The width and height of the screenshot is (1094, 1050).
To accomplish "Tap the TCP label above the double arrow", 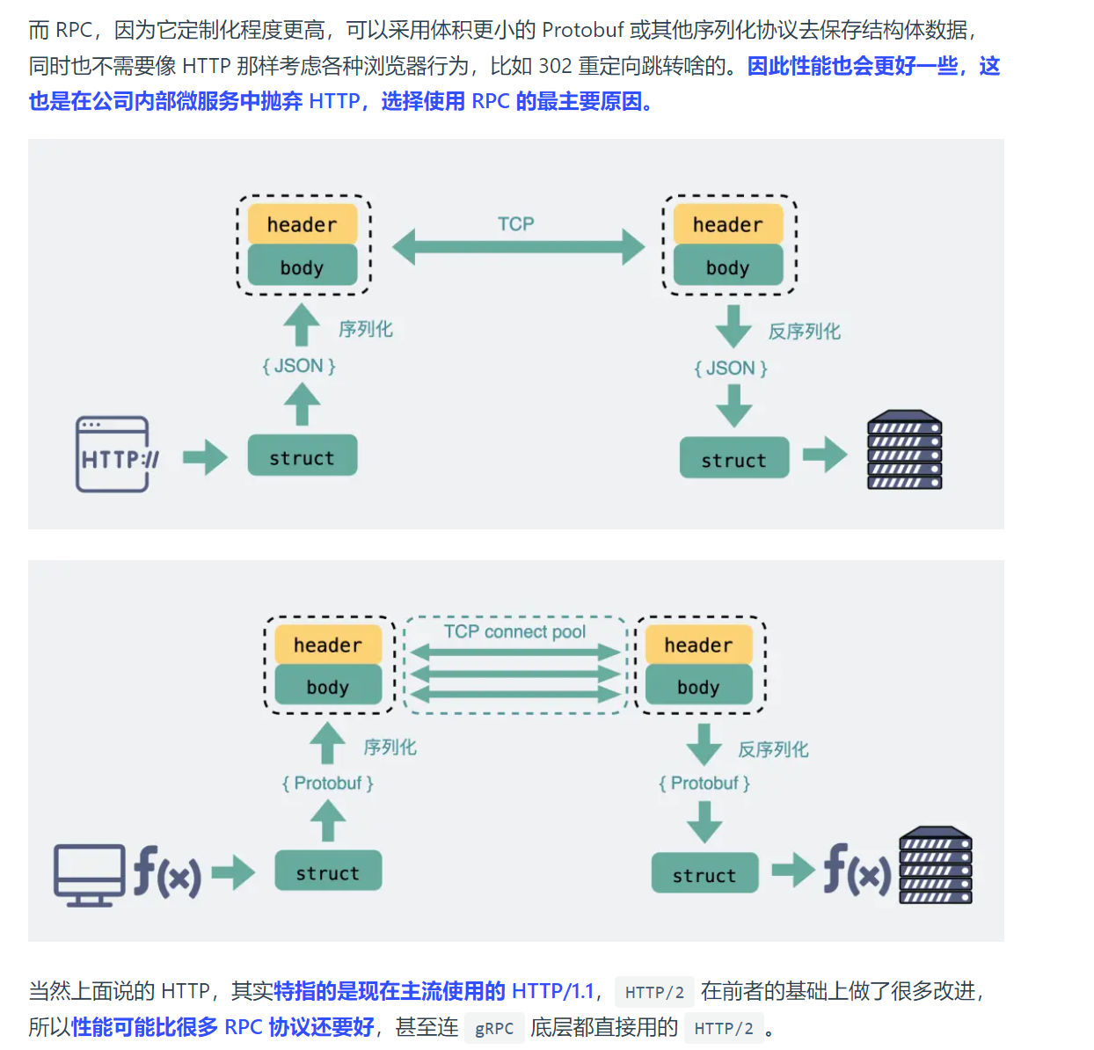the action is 515,223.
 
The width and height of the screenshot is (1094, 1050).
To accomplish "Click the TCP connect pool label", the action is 514,631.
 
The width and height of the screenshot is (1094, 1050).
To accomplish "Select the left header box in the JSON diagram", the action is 302,223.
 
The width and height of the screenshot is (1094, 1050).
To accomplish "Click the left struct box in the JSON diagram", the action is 302,455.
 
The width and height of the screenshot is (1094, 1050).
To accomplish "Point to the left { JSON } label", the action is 298,366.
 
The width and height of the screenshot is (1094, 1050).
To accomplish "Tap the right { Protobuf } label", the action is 704,783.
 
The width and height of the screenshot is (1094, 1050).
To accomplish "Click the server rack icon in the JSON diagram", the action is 904,449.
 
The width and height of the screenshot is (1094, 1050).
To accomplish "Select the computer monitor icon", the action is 90,875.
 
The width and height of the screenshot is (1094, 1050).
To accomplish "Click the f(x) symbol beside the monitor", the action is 167,871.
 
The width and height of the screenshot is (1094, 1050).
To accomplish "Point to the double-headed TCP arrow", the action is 518,247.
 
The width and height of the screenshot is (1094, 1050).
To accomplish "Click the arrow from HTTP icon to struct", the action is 205,457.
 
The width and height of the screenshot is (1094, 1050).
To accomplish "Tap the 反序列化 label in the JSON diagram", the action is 804,331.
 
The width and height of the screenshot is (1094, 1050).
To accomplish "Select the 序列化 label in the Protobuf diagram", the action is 390,747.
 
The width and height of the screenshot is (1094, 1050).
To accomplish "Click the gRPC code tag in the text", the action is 494,1028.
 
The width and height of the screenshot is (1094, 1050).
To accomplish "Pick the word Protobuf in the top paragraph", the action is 582,30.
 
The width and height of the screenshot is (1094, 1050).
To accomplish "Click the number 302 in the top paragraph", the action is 555,66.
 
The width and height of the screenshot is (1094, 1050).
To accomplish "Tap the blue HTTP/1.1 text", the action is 552,991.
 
